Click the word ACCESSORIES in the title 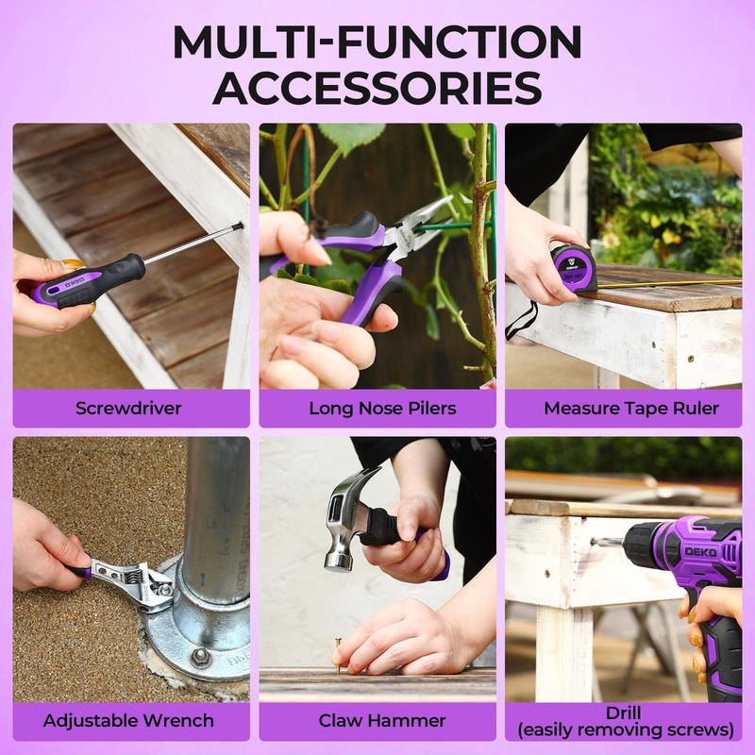pos(377,87)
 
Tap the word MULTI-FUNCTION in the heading pos(377,42)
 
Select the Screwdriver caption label pos(128,409)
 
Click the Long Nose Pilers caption pos(382,409)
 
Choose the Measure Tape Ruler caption pos(631,409)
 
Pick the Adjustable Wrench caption pos(128,721)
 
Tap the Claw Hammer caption pos(382,721)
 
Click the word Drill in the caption pos(624,713)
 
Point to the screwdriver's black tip pos(238,226)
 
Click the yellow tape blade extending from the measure pos(669,284)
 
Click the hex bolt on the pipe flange pos(200,657)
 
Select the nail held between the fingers pos(338,652)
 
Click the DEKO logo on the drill pos(701,552)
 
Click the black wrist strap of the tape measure pos(520,321)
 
